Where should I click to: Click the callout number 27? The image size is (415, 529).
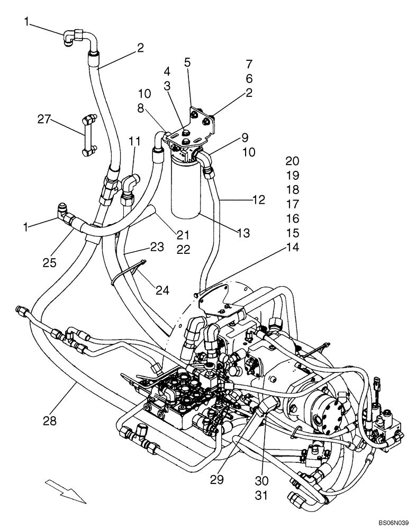[x=45, y=120]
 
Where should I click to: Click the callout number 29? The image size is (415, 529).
[x=217, y=480]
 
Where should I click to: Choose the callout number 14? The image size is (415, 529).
[x=292, y=247]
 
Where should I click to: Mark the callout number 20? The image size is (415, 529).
[x=292, y=161]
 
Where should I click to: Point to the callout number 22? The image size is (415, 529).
[x=184, y=250]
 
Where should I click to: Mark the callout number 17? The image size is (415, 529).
[x=292, y=204]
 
